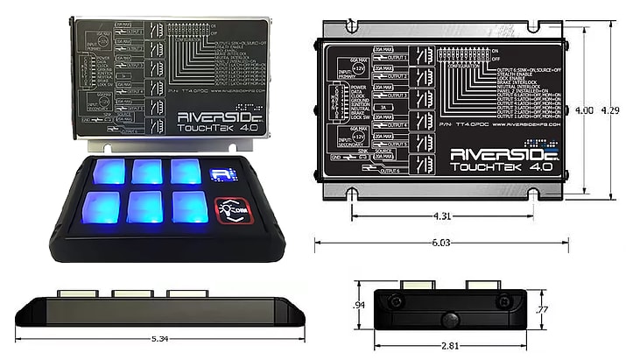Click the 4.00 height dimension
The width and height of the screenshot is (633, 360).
point(584,110)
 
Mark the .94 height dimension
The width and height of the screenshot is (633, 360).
point(358,305)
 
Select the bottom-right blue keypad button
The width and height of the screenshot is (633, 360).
point(190,207)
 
